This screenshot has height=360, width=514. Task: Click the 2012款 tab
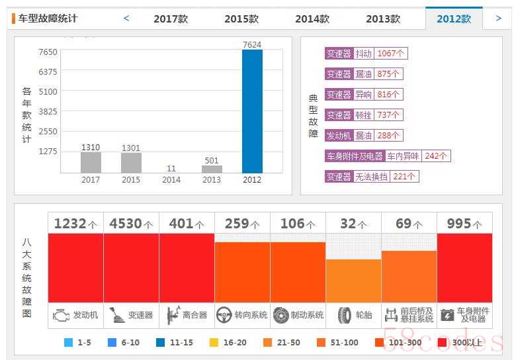click(x=454, y=19)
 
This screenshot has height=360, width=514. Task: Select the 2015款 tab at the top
click(x=241, y=19)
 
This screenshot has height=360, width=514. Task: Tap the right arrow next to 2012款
click(x=499, y=19)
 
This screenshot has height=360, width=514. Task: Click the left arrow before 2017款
click(x=126, y=19)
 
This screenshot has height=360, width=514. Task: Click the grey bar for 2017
click(x=91, y=163)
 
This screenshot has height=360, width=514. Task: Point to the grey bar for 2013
click(x=212, y=169)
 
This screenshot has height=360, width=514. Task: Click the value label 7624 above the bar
click(x=252, y=45)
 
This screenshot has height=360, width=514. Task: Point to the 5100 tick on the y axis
click(x=48, y=91)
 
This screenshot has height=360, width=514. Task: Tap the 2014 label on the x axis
click(x=171, y=180)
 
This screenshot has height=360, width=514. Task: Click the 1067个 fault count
click(x=391, y=54)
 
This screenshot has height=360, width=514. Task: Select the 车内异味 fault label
click(x=404, y=156)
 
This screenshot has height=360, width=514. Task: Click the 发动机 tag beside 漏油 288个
click(x=339, y=136)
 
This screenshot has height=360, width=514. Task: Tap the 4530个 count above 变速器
click(x=131, y=224)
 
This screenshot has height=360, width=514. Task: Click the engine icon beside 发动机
click(x=61, y=315)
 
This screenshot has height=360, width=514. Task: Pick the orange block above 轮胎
click(x=353, y=281)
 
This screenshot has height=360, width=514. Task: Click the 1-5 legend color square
click(x=68, y=342)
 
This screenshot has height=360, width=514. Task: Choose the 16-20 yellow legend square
click(x=214, y=342)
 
